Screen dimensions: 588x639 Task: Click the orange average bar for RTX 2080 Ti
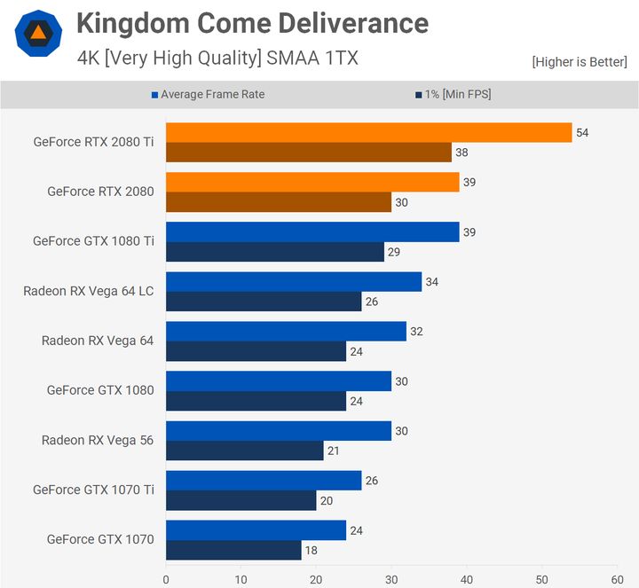pos(368,132)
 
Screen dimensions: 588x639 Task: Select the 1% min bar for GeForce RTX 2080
pos(279,202)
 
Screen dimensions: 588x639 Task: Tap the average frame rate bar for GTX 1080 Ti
pos(312,231)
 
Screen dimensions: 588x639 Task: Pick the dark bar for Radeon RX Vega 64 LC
pos(264,302)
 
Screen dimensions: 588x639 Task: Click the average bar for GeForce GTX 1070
pos(256,530)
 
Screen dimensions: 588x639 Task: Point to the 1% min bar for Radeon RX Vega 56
pos(245,451)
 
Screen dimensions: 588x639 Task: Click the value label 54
pos(582,132)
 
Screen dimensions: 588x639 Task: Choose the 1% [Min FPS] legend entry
pos(452,95)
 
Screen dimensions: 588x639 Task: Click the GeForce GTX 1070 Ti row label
pos(93,490)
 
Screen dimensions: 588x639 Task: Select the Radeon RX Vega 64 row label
pos(98,341)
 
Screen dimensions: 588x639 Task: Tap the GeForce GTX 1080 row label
pos(100,390)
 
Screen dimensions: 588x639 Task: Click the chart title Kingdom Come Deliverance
pos(252,23)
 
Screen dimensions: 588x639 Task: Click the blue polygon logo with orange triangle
pos(38,35)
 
